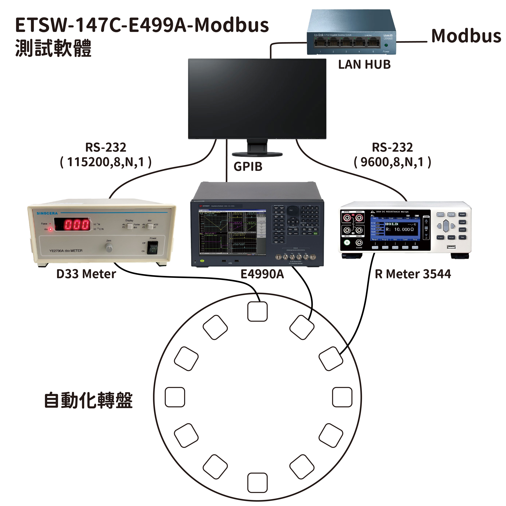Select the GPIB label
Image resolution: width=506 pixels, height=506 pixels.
pos(248,167)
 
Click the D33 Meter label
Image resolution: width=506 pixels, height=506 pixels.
pos(86,274)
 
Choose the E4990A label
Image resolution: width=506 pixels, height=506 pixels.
pos(262,274)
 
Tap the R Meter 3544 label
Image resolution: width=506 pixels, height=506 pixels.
pos(413,274)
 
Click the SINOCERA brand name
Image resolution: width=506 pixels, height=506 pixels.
pos(47,213)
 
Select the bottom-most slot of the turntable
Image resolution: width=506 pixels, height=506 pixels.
pos(257,482)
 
